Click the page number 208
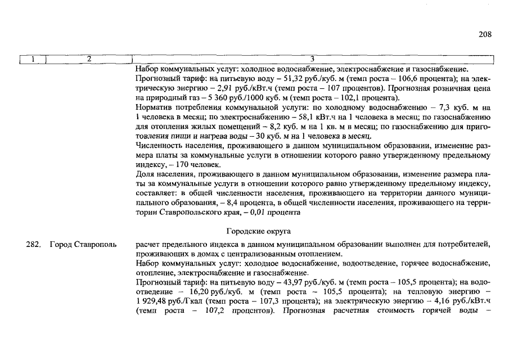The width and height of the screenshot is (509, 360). (x=485, y=34)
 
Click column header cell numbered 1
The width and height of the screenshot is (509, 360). (x=33, y=59)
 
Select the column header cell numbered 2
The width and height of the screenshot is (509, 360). (x=89, y=59)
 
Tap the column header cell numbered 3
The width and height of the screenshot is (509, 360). (x=313, y=59)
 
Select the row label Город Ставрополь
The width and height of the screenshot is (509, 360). (x=83, y=245)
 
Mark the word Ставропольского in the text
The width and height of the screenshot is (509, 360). (x=189, y=213)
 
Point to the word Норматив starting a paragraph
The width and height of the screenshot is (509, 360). (x=153, y=107)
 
